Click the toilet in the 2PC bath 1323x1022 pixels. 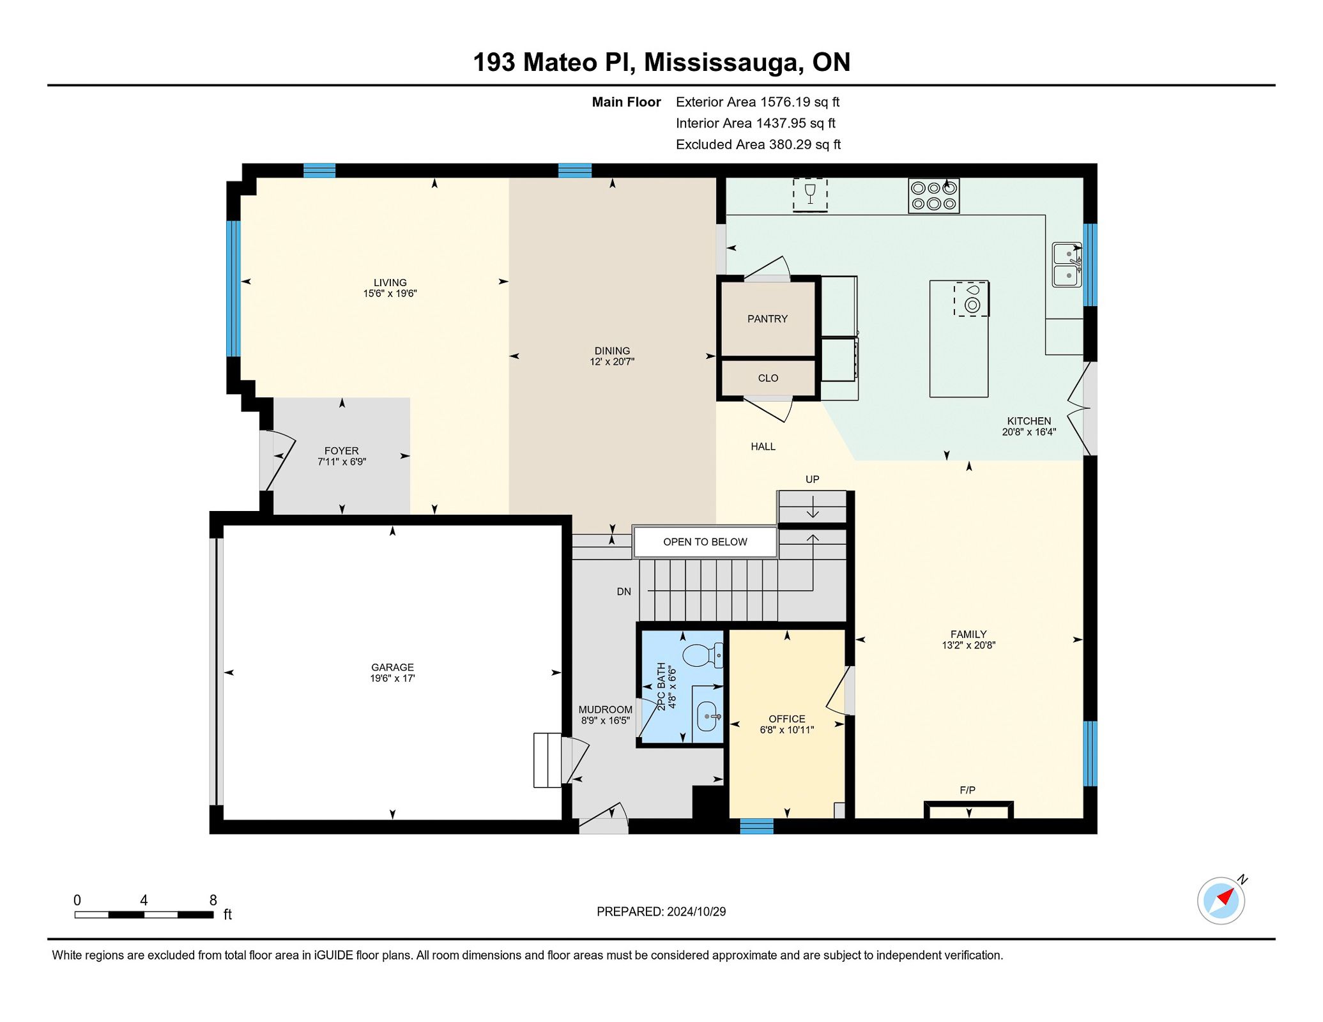coord(703,656)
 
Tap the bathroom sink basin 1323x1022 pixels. coord(707,716)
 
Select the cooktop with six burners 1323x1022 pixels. coord(933,196)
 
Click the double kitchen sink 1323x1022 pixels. coord(1067,264)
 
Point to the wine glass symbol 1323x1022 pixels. coord(810,193)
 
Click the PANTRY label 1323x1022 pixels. coord(767,319)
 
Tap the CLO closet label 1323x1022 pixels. coord(768,378)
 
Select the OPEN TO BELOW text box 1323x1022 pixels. coord(705,542)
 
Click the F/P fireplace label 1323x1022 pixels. coord(967,790)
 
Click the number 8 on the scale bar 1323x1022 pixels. coord(213,900)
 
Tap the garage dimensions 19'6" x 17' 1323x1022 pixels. coord(392,678)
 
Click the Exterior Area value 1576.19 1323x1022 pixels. coord(784,102)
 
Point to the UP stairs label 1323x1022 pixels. coord(812,479)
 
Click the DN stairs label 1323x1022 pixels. coord(623,591)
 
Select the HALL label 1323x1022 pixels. coord(763,446)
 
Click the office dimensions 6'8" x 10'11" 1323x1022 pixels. coord(786,730)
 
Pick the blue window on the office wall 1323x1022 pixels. coord(756,827)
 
